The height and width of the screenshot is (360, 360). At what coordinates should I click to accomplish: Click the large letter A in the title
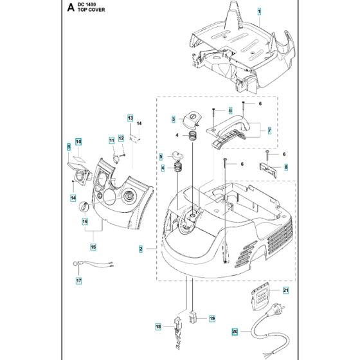(x=69, y=8)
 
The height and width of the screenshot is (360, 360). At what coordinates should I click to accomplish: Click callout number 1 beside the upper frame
(x=260, y=12)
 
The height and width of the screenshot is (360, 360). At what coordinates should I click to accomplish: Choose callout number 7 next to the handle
(x=269, y=131)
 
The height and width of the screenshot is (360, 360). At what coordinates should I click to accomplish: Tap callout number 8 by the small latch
(x=286, y=168)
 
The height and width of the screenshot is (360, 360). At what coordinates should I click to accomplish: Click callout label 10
(x=78, y=142)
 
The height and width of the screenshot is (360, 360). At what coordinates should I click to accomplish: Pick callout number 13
(x=129, y=119)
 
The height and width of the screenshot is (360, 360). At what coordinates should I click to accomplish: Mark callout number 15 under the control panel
(x=93, y=245)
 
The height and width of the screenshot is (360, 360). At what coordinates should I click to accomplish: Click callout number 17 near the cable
(x=79, y=280)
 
